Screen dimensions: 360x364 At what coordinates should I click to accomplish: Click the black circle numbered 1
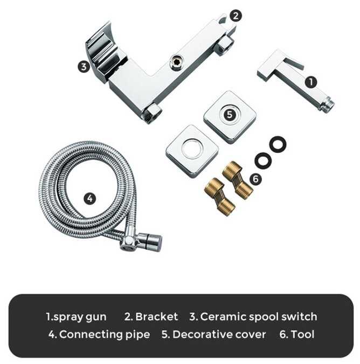pyautogui.click(x=311, y=82)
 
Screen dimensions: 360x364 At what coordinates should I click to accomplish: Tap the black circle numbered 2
pyautogui.click(x=236, y=16)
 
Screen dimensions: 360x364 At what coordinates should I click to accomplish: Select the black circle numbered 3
pyautogui.click(x=84, y=67)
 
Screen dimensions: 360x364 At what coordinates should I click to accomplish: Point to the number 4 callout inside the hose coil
pyautogui.click(x=89, y=199)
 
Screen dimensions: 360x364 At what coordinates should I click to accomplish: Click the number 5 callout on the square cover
pyautogui.click(x=230, y=115)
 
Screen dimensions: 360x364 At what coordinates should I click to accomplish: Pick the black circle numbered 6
pyautogui.click(x=255, y=179)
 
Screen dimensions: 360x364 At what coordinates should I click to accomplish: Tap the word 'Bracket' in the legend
pyautogui.click(x=157, y=317)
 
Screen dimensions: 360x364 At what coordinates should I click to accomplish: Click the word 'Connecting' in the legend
pyautogui.click(x=91, y=335)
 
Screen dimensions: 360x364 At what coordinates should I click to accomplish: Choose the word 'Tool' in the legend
pyautogui.click(x=302, y=334)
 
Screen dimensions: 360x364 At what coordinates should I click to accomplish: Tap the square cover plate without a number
pyautogui.click(x=192, y=151)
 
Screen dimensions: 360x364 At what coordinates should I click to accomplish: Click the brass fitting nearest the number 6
pyautogui.click(x=238, y=180)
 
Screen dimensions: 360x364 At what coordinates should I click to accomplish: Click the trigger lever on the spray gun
pyautogui.click(x=294, y=62)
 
